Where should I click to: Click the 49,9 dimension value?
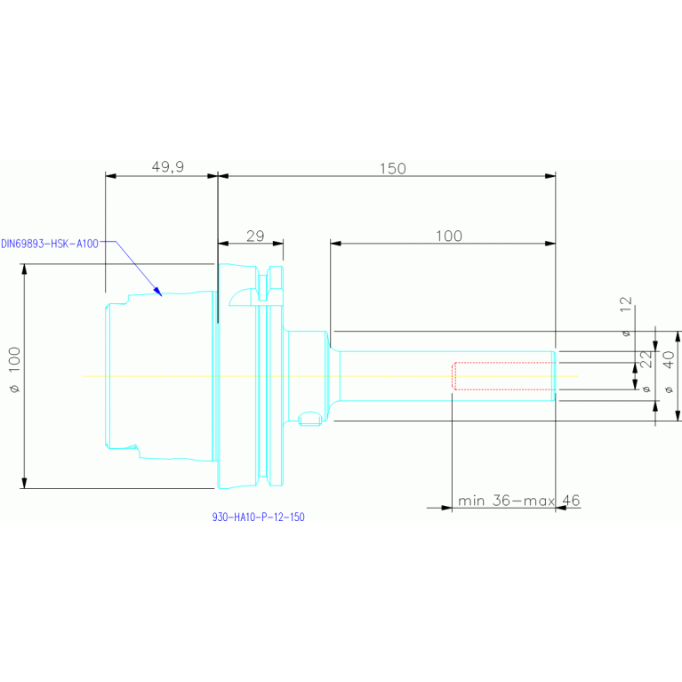(167, 167)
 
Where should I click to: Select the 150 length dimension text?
(393, 169)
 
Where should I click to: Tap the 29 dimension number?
(255, 237)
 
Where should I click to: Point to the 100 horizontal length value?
(449, 237)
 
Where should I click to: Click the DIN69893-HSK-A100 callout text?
(50, 244)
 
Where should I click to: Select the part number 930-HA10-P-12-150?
(259, 518)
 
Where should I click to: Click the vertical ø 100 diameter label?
(15, 370)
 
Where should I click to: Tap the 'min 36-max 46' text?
(519, 501)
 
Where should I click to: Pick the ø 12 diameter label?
(626, 317)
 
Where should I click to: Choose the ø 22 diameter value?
(646, 371)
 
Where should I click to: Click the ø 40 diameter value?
(669, 372)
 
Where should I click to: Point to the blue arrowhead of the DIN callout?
(157, 292)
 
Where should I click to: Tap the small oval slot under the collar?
(309, 419)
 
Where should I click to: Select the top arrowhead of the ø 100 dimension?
(24, 269)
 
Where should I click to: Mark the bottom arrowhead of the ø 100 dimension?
(24, 483)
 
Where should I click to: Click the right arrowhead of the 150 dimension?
(550, 176)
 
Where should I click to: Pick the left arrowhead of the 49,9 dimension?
(111, 176)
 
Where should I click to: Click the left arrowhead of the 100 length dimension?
(336, 244)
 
